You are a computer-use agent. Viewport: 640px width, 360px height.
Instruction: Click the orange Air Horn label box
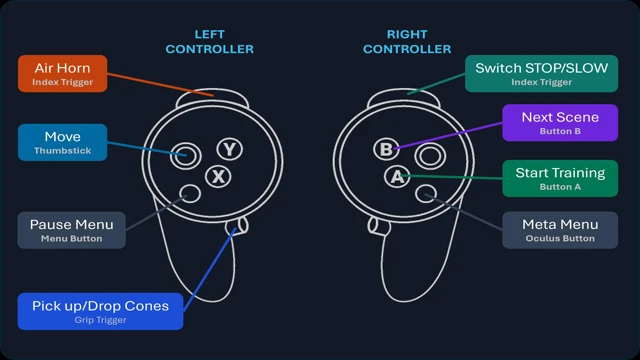62,73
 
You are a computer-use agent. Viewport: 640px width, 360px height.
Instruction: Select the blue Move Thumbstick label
62,142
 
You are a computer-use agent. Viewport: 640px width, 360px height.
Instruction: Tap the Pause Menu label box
71,230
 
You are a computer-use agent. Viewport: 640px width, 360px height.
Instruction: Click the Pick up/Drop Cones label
100,311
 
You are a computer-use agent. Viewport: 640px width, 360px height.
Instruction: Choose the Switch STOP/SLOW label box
541,73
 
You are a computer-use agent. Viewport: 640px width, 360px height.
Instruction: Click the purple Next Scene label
560,122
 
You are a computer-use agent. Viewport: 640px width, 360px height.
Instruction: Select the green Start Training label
560,178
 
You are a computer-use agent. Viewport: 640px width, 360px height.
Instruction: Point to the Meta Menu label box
560,230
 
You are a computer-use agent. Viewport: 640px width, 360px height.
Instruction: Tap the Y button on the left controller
230,149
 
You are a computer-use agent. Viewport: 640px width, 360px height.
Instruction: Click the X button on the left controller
218,177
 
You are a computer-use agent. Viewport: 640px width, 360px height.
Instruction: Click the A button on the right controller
397,177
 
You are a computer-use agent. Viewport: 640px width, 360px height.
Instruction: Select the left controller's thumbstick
186,156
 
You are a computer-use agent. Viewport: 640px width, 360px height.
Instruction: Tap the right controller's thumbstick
430,156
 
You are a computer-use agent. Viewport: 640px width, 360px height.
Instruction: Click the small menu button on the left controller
190,193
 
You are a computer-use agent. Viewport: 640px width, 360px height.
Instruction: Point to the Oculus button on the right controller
426,193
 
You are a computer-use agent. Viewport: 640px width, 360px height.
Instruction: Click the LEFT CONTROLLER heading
209,42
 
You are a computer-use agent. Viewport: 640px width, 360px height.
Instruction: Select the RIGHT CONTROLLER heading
407,42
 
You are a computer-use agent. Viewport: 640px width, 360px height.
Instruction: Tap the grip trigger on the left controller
238,226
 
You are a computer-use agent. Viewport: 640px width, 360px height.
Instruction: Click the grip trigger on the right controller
378,226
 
